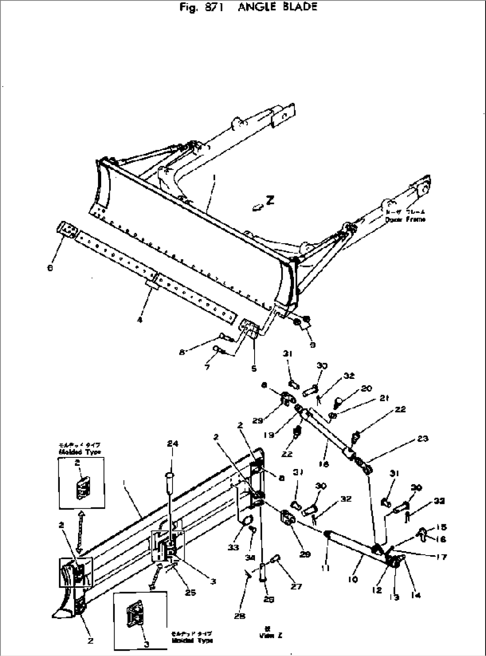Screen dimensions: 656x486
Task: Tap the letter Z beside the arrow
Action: click(x=270, y=201)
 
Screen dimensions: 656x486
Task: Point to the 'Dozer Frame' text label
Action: click(x=405, y=219)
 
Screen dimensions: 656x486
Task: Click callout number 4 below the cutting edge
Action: click(x=140, y=320)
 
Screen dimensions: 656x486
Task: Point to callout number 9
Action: click(x=313, y=345)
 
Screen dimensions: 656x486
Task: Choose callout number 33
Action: click(x=233, y=548)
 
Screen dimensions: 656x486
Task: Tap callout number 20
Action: click(x=367, y=388)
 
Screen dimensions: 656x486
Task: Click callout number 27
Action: click(x=296, y=587)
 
